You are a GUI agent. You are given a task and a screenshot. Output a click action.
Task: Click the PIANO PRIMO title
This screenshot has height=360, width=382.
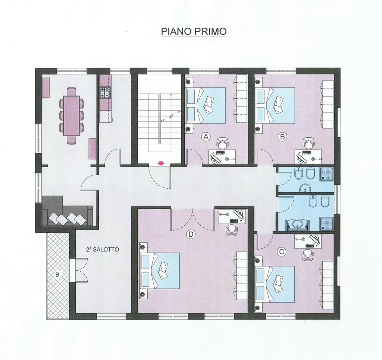click(194, 31)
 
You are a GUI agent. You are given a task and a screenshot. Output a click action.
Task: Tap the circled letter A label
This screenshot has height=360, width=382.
click(206, 137)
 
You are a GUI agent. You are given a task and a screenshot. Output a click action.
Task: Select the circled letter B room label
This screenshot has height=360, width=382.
click(282, 137)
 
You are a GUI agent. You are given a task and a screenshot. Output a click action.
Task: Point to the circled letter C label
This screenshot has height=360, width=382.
click(282, 252)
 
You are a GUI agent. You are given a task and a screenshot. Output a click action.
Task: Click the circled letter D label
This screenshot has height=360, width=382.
click(191, 234)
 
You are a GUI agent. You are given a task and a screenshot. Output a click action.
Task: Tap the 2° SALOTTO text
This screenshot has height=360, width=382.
click(102, 249)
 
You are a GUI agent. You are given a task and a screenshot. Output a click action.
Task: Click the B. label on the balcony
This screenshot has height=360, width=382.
click(58, 275)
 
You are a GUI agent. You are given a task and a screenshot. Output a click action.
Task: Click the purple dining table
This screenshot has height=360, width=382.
click(71, 116)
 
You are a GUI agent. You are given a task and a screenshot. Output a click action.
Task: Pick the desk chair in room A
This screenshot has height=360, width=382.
click(222, 143)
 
